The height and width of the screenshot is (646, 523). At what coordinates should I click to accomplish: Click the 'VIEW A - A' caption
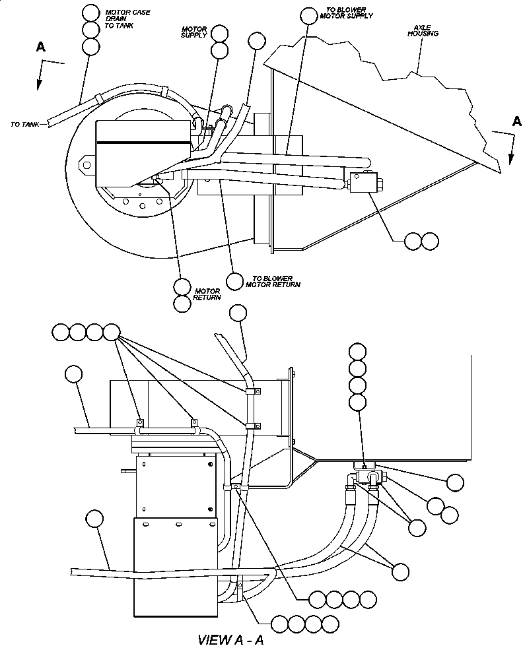(x=233, y=639)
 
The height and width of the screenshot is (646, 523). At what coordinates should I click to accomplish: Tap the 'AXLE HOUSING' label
(x=419, y=31)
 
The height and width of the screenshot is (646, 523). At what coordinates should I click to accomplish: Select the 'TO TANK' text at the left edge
(x=24, y=123)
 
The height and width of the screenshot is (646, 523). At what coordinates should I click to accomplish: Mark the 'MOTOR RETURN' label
(x=206, y=294)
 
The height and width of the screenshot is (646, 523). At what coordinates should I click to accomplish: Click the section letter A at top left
(x=41, y=46)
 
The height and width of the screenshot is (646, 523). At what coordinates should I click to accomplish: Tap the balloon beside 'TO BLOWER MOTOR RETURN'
(x=234, y=280)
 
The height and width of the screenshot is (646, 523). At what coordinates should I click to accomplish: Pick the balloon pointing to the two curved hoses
(x=400, y=571)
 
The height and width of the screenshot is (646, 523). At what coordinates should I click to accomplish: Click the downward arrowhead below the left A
(x=38, y=84)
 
